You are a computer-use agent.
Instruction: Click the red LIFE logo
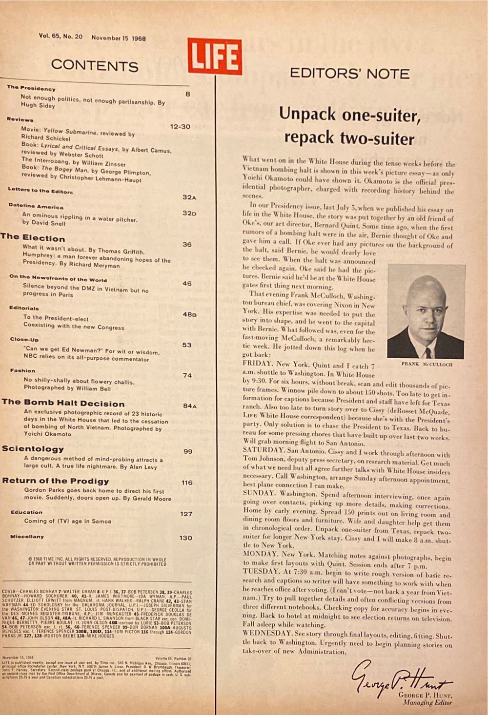pyautogui.click(x=214, y=57)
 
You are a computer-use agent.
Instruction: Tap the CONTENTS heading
pyautogui.click(x=95, y=65)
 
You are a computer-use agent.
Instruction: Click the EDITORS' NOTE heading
pyautogui.click(x=349, y=74)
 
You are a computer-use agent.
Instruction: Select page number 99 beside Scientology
pyautogui.click(x=188, y=451)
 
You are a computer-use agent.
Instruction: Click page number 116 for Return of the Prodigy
pyautogui.click(x=187, y=483)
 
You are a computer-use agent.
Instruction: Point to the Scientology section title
pyautogui.click(x=33, y=449)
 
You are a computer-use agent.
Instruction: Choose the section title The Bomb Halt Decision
pyautogui.click(x=63, y=403)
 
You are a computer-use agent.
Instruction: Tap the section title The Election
pyautogui.click(x=33, y=237)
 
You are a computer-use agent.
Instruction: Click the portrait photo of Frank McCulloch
pyautogui.click(x=426, y=312)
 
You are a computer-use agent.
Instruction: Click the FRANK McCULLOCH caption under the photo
pyautogui.click(x=427, y=364)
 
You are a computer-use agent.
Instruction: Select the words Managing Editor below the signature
pyautogui.click(x=427, y=702)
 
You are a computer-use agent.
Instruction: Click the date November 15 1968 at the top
pyautogui.click(x=119, y=38)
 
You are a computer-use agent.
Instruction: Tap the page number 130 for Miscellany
pyautogui.click(x=185, y=538)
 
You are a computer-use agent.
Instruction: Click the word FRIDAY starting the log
pyautogui.click(x=257, y=364)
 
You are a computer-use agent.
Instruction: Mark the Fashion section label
pyautogui.click(x=22, y=370)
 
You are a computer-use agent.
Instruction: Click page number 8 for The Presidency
pyautogui.click(x=188, y=94)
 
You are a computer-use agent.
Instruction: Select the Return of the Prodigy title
pyautogui.click(x=56, y=481)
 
